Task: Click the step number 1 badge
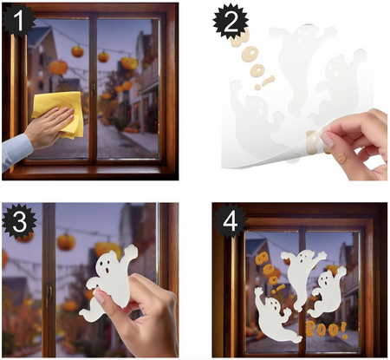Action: [x=18, y=21]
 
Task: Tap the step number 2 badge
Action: [x=231, y=21]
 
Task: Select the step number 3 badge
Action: [x=19, y=221]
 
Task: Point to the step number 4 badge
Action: [x=231, y=221]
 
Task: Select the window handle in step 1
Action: [x=93, y=88]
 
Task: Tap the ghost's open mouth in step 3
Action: [x=107, y=271]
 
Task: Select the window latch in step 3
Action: [x=49, y=294]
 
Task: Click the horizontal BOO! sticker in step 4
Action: [x=327, y=330]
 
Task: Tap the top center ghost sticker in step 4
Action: [x=301, y=273]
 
